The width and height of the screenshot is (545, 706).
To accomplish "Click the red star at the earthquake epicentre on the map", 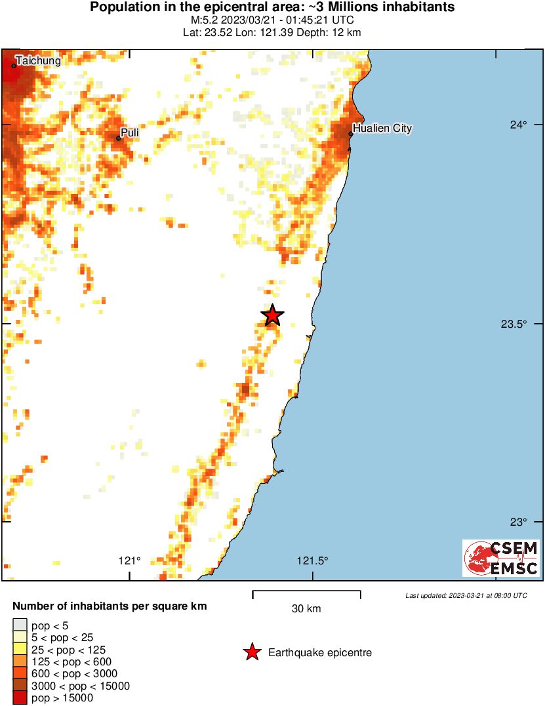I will (273, 315).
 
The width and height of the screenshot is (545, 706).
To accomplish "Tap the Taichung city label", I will (38, 61).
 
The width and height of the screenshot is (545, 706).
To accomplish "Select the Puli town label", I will (130, 132).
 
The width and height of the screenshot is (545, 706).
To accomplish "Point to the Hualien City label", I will (382, 128).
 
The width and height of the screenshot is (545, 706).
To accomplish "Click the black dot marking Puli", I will (119, 138).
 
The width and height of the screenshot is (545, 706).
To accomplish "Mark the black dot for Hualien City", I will (351, 134).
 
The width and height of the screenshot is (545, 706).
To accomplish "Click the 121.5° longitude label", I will (312, 560).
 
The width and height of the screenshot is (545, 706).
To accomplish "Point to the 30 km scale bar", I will (306, 593).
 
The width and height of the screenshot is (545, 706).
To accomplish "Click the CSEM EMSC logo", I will (501, 558).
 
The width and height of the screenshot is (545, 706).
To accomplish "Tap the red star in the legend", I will (251, 652).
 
